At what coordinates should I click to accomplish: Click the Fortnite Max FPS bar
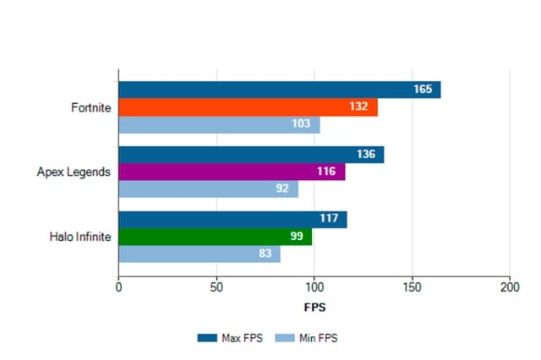(x=279, y=90)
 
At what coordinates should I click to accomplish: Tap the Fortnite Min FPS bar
(x=219, y=125)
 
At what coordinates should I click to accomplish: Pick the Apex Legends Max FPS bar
(x=251, y=155)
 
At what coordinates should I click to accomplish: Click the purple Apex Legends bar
(x=232, y=172)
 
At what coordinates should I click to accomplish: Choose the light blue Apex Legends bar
(x=208, y=188)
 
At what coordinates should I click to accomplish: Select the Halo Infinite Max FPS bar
(x=232, y=220)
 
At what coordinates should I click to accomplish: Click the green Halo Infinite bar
(x=215, y=237)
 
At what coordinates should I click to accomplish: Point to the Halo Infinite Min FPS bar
(x=199, y=254)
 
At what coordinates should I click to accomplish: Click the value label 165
(x=424, y=90)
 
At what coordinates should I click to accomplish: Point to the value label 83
(x=264, y=254)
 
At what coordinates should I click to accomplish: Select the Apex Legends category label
(x=74, y=172)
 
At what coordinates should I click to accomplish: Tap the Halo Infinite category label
(x=80, y=237)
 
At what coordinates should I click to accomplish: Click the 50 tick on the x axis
(x=216, y=287)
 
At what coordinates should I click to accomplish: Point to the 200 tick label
(x=510, y=287)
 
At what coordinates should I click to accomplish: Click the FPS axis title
(x=314, y=306)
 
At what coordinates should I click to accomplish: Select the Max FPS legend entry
(x=230, y=338)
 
